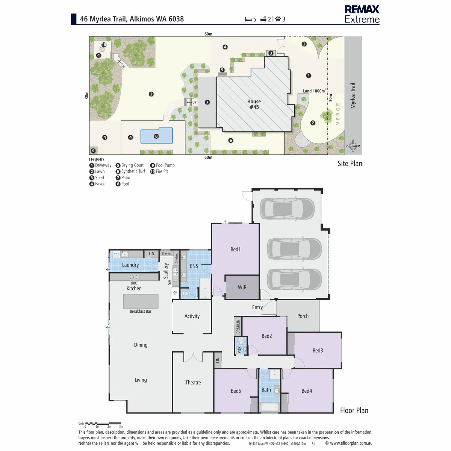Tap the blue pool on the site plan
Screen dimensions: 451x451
pos(156,135)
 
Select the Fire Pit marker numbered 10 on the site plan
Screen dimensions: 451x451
pos(104,44)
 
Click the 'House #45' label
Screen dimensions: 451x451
pos(254,104)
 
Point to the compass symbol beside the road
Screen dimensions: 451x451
pos(353,146)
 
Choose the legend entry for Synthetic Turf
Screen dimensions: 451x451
pos(130,171)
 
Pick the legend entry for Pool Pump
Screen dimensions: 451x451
pos(162,165)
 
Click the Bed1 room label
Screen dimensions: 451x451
pos(235,249)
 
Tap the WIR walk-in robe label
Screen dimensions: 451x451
pos(242,287)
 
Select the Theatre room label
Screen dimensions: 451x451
pos(193,383)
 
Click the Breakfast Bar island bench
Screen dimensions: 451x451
pos(141,301)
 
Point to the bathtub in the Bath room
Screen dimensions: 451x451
pos(269,407)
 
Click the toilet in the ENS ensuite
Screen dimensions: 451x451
pos(185,294)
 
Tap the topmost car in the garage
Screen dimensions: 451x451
pos(287,209)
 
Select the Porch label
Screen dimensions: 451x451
pos(303,316)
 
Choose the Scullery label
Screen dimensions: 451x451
pos(166,271)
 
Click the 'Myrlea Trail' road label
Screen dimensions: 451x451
pos(353,95)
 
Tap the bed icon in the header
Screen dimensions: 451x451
pos(248,19)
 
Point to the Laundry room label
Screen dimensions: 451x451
pos(130,265)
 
